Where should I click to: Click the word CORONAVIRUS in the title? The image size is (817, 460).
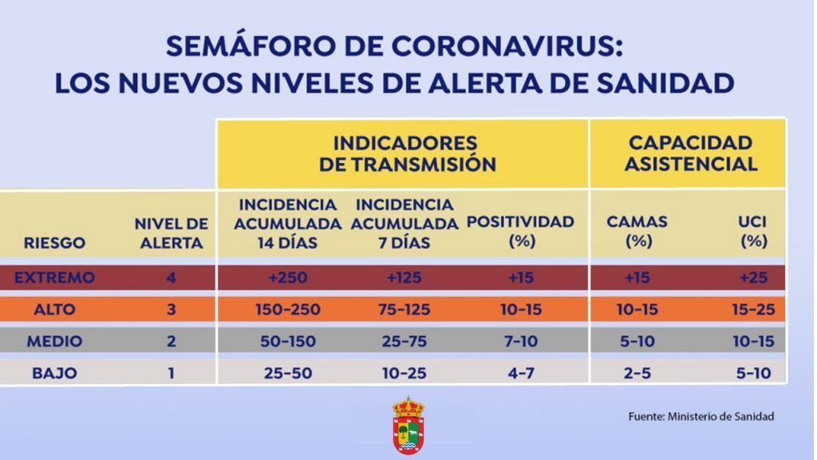coord(507,47)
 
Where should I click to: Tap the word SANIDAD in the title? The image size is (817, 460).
coord(665,83)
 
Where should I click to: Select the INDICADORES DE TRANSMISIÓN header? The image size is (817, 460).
coord(408,154)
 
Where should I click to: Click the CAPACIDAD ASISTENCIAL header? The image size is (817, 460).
coord(690,153)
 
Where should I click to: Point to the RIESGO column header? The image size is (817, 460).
coord(54,243)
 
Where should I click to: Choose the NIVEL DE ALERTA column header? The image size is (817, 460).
coord(172,233)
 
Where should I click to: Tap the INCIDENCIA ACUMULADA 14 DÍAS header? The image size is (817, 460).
coord(287,224)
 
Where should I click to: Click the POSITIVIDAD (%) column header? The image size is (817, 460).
coord(520,231)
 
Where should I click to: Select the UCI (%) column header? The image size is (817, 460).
coord(753,231)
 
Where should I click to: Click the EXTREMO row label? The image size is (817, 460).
coord(54,277)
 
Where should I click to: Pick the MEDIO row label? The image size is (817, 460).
coord(54,342)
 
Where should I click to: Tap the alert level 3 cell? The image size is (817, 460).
coord(172,309)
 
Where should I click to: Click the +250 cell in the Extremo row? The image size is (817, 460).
coord(287,277)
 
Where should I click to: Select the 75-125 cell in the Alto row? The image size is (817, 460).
coord(405,309)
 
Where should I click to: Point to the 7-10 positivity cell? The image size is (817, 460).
coord(521,342)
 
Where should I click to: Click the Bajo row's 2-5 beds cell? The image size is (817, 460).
coord(637,374)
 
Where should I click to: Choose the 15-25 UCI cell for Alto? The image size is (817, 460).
coord(753,309)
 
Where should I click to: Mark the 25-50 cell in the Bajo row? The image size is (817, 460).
coord(287,374)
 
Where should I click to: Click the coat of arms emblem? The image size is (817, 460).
coord(408,426)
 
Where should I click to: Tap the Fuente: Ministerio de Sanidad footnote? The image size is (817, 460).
coord(701,416)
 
